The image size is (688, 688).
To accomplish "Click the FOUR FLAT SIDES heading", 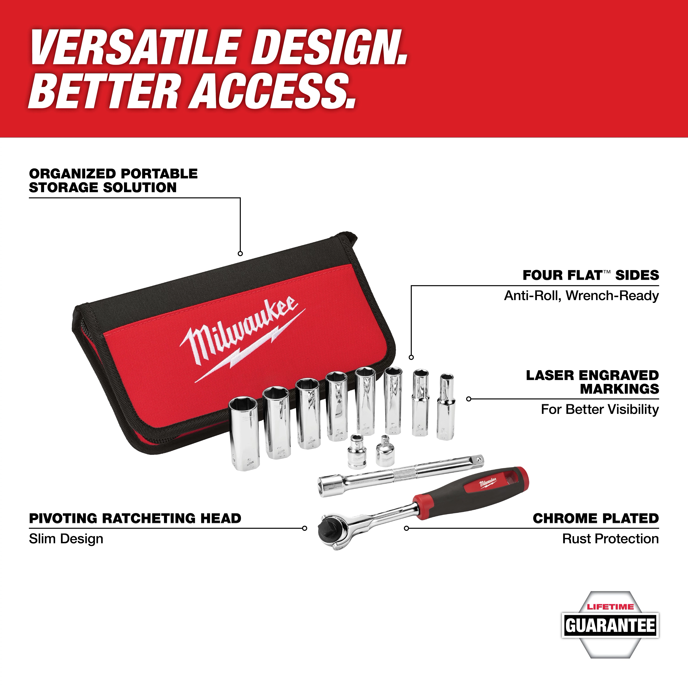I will [591, 275].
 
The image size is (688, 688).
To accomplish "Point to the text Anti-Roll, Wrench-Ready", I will [581, 295].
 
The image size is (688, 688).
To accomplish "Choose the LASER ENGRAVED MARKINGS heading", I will [593, 382].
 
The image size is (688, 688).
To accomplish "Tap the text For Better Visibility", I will [600, 410].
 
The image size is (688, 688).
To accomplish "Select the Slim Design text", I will [66, 539].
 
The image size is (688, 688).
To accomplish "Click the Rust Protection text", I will [610, 539].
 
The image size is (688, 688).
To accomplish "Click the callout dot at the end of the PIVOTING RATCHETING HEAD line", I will [304, 528].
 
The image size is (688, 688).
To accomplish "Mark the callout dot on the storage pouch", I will [240, 254].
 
